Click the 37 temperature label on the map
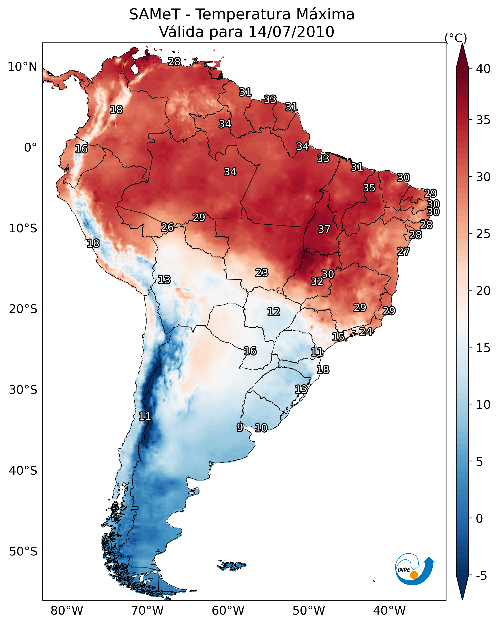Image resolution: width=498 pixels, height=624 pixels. click(x=324, y=229)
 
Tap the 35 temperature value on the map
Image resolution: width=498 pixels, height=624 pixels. click(x=369, y=188)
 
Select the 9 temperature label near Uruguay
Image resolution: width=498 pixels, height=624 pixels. click(x=240, y=427)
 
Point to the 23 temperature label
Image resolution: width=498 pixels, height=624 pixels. click(x=262, y=273)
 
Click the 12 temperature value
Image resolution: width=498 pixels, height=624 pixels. click(x=273, y=312)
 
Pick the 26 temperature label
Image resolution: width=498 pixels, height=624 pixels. click(x=167, y=228)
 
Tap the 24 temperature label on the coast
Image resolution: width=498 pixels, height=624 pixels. click(x=366, y=331)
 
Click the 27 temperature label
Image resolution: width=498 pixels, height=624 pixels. click(x=403, y=251)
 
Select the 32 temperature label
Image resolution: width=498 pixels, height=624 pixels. click(x=317, y=281)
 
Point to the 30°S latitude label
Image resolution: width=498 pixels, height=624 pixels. click(x=23, y=390)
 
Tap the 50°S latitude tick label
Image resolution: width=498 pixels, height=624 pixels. click(x=23, y=551)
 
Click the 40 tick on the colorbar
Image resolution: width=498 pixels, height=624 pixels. click(x=483, y=69)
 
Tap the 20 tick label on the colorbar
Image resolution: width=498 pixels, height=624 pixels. click(x=483, y=291)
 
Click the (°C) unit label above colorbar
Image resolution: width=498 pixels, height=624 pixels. click(x=456, y=38)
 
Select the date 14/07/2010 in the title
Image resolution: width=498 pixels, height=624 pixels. click(x=291, y=32)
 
